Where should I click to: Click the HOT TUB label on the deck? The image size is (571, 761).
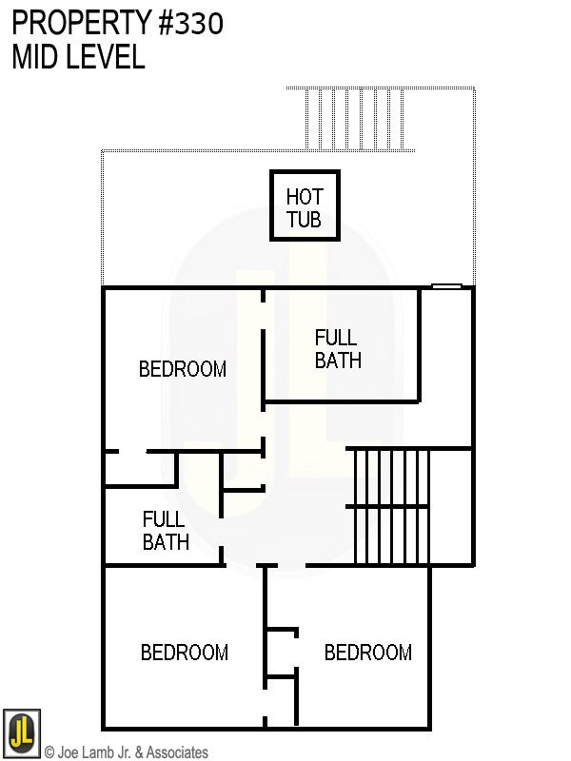(305, 208)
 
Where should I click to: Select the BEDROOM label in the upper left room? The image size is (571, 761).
(183, 369)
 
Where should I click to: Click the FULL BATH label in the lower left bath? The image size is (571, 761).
(166, 531)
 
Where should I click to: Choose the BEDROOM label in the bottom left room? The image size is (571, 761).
(185, 653)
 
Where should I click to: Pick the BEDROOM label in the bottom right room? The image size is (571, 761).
(368, 653)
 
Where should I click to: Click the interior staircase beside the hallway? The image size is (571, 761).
(390, 506)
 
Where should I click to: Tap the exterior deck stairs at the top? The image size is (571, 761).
(361, 119)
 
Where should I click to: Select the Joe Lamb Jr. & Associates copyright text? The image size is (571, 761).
(126, 752)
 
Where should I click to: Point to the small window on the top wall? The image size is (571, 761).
(446, 285)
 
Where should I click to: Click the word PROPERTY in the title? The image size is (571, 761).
(72, 23)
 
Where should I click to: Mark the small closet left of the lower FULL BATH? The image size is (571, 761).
(140, 468)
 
